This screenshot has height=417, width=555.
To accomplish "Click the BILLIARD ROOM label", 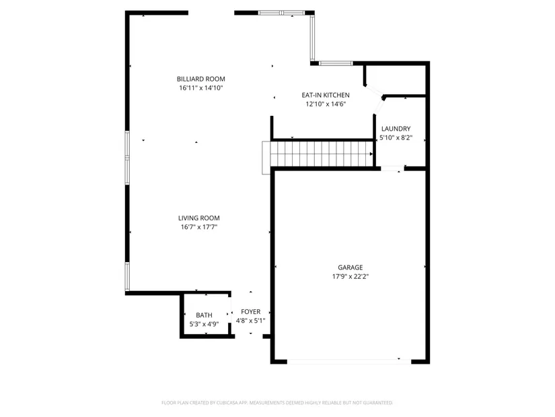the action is pos(201,79).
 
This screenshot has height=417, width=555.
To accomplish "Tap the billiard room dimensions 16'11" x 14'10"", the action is pos(201,88).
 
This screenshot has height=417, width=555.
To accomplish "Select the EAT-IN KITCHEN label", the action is pos(326,95).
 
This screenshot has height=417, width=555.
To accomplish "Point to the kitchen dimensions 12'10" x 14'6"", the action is pos(326,104).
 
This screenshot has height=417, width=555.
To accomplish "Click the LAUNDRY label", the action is pos(396,129).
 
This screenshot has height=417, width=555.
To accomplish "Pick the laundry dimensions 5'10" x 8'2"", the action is pos(396,138).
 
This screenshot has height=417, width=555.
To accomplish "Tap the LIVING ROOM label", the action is pos(199,218).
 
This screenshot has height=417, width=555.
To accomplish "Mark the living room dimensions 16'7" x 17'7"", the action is pos(199,227).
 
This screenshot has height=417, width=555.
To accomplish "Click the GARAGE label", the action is pos(350,267).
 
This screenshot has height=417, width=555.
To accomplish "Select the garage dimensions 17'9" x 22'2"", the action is pos(350,277).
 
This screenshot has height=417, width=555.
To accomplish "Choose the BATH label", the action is pos(205,315).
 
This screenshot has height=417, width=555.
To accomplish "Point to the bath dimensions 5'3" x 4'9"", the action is pos(205,324).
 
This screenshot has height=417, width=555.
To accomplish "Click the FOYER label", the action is pos(251,312).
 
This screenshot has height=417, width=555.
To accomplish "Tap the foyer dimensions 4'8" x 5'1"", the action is pos(251,321).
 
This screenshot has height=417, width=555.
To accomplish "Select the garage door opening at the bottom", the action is pos(349,362).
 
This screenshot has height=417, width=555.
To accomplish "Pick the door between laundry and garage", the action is pos(392,168).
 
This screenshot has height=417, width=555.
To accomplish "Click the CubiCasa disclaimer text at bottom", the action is pos(277,403).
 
